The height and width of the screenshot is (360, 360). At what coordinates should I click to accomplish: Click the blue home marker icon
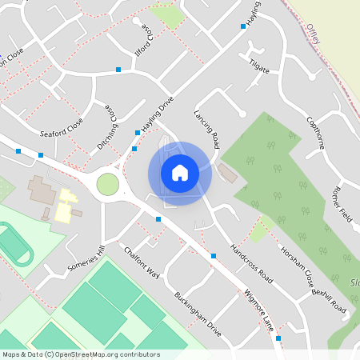(180, 172)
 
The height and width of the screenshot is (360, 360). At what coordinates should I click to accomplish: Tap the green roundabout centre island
(107, 185)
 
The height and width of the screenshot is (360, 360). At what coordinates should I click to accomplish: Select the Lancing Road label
(207, 129)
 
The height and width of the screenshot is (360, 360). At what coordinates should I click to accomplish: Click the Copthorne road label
(318, 135)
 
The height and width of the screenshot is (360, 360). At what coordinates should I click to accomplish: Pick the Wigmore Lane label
(259, 310)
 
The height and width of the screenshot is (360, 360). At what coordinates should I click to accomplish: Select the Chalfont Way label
(142, 262)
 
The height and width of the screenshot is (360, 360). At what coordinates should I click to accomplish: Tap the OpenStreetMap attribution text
(81, 354)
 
